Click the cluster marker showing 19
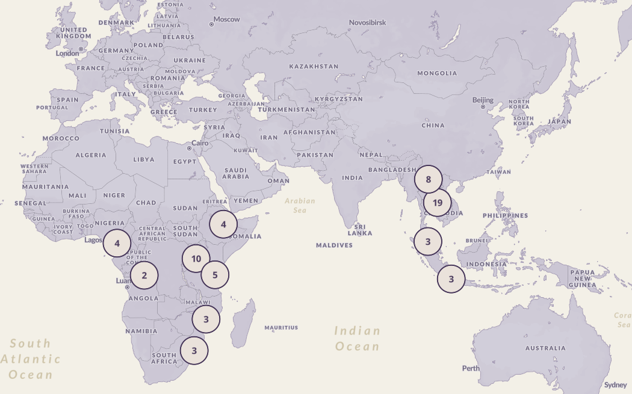point(438,203)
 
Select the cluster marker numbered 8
point(428,179)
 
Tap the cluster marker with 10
point(196,259)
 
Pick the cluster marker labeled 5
point(215,275)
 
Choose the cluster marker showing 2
point(144,276)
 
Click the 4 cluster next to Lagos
point(117,244)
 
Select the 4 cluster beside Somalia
point(223,225)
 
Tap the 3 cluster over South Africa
point(194,350)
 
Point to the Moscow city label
point(227,19)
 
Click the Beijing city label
point(483,100)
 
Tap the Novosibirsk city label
point(367,23)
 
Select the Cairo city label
point(200,143)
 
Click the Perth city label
point(471,368)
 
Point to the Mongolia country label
point(437,73)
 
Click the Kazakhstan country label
point(314,66)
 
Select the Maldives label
point(334,245)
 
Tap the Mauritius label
point(281,328)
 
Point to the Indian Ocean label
point(358,338)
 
